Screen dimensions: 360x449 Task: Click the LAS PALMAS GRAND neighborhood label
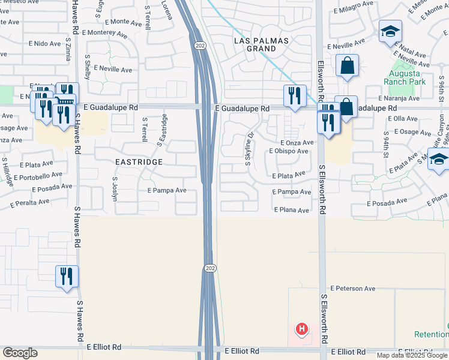click(260, 45)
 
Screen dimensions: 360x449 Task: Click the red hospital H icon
click(302, 329)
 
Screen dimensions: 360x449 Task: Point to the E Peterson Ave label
click(352, 289)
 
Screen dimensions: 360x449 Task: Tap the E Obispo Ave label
click(289, 151)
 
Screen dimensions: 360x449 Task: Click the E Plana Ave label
click(292, 211)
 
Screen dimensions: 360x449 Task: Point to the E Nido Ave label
click(45, 44)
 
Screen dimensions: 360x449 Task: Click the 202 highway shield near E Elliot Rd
click(209, 267)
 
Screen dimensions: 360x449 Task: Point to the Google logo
click(20, 353)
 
